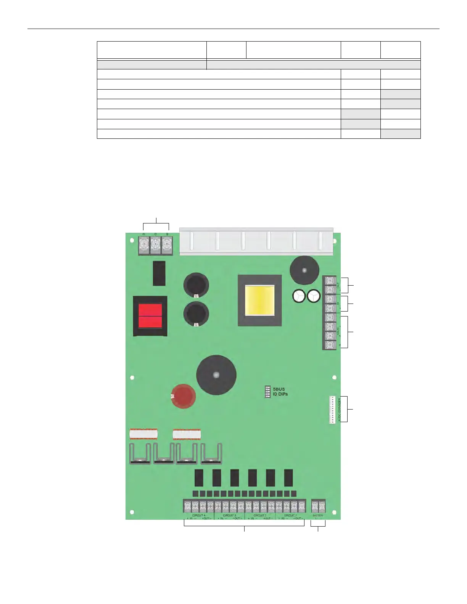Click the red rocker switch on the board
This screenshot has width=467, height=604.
(150, 316)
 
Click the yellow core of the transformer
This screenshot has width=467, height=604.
(259, 300)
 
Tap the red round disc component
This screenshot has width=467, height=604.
(184, 396)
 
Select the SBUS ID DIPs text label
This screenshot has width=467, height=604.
(280, 392)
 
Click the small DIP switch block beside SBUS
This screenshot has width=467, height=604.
(267, 392)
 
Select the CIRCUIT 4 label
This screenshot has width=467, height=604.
(198, 515)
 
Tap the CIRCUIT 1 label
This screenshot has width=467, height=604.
(290, 515)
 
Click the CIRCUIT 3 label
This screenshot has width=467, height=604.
(229, 515)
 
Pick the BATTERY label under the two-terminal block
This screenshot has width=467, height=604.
(318, 515)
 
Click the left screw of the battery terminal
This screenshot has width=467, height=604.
(315, 506)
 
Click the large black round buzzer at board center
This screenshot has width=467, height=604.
(216, 375)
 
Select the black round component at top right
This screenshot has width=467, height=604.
(304, 270)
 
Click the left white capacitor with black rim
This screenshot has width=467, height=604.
(299, 296)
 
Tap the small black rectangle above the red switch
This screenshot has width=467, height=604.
(159, 273)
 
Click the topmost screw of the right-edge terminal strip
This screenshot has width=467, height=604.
(329, 281)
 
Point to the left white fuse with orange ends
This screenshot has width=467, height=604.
(143, 434)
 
